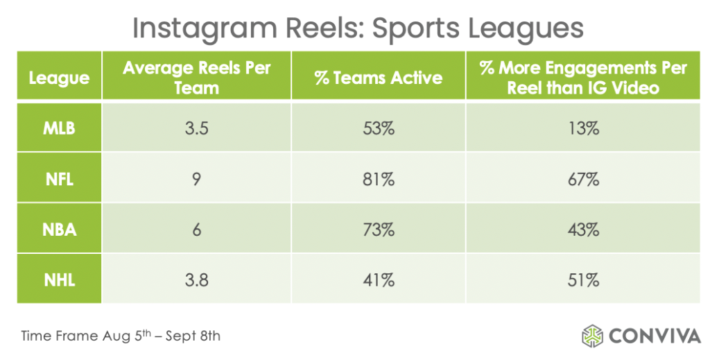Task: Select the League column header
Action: click(59, 78)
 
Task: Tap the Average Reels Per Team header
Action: click(196, 78)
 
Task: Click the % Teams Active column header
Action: click(378, 78)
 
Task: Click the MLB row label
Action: click(59, 128)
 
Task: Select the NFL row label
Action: click(59, 179)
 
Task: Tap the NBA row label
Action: click(59, 230)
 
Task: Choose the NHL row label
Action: click(59, 280)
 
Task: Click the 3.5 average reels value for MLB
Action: click(196, 128)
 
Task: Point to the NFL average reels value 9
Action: click(196, 179)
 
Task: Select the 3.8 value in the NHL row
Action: click(196, 280)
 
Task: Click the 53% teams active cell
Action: click(378, 128)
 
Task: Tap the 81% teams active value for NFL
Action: click(378, 179)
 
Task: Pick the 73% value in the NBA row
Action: click(378, 230)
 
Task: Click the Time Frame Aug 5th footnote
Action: click(121, 336)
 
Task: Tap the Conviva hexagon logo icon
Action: click(593, 336)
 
